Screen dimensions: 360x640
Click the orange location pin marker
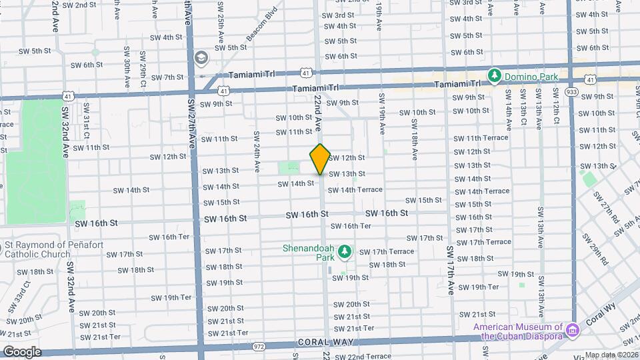320,159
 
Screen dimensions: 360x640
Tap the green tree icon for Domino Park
495,77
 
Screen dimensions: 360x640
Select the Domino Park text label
531,77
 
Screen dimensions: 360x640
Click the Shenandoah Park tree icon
345,251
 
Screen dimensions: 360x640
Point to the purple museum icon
571,329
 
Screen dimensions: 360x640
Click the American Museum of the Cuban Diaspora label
517,331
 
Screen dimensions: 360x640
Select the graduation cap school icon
200,59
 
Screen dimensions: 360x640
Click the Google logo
22,351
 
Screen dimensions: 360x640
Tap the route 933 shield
571,92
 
